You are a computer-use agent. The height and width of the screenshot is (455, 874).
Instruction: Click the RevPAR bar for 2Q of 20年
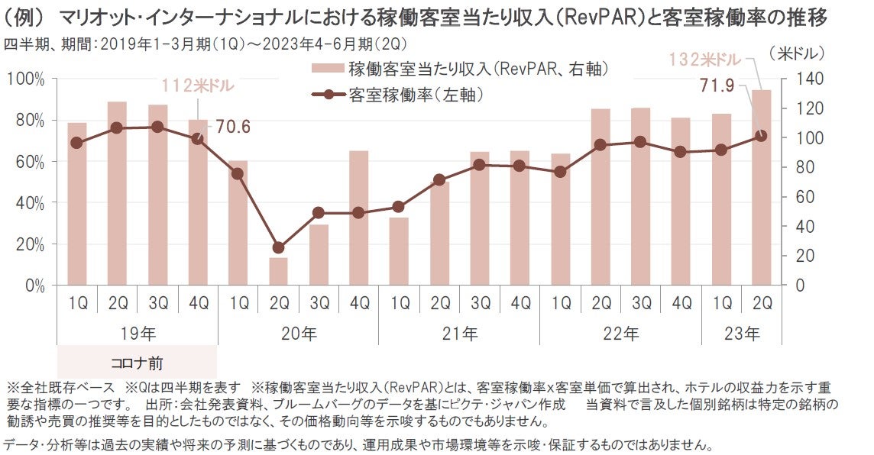tap(278, 271)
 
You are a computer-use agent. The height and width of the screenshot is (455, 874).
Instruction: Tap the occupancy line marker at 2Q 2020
tap(278, 247)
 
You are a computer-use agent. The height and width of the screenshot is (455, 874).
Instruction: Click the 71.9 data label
tap(716, 86)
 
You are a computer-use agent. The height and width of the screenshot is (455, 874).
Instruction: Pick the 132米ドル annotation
tap(706, 59)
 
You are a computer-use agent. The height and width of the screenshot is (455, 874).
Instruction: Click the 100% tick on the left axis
tap(29, 79)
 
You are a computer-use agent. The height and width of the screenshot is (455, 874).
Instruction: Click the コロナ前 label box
tap(138, 362)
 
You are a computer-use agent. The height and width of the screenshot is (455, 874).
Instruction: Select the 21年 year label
tap(460, 334)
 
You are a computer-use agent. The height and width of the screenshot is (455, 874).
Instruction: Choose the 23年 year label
tap(742, 334)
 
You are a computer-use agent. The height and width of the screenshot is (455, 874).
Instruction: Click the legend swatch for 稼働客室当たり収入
tap(327, 69)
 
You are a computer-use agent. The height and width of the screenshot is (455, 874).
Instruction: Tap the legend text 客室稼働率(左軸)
tap(416, 95)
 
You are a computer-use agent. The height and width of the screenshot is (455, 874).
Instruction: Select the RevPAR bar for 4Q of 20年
tap(359, 218)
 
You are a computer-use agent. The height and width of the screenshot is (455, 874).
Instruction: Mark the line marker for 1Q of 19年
tap(76, 143)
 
